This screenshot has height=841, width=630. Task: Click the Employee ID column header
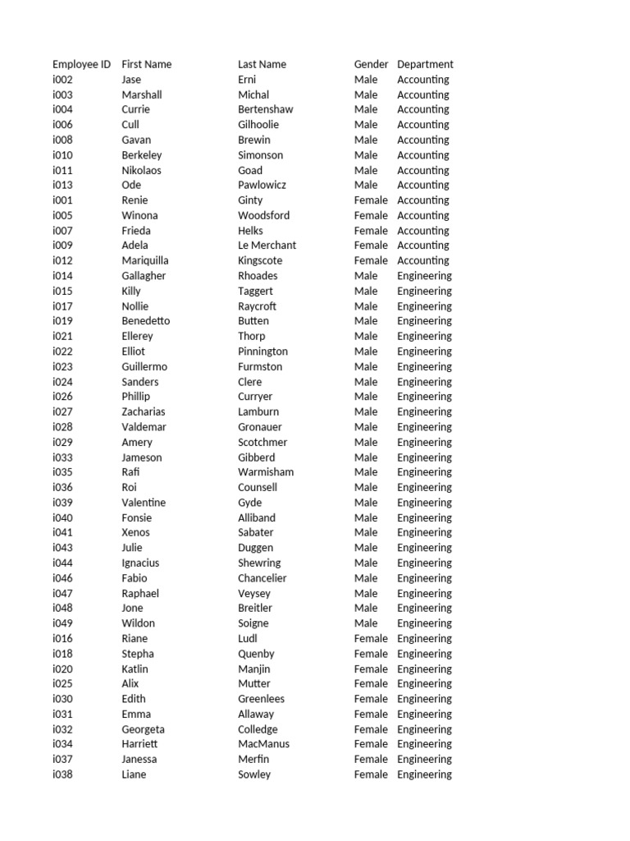tap(81, 64)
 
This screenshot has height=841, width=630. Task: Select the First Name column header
tap(146, 64)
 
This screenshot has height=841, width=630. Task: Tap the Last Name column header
tap(262, 64)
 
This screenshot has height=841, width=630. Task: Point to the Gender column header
tap(371, 64)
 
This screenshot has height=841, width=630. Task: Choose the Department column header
tap(425, 64)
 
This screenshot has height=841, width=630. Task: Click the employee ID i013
tap(62, 185)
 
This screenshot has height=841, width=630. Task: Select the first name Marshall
tap(141, 94)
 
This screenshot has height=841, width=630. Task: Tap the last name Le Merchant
tap(267, 246)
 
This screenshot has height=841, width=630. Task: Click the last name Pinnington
tap(262, 352)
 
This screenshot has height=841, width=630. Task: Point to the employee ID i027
tap(62, 411)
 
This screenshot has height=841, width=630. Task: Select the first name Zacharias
tap(143, 411)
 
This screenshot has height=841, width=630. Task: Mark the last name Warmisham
tap(266, 472)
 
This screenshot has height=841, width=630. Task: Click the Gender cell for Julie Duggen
tap(366, 548)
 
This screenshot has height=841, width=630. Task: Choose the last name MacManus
tap(263, 744)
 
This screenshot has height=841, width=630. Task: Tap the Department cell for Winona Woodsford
tap(422, 215)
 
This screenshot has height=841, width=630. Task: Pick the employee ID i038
tap(62, 774)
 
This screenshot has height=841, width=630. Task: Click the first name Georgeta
tap(143, 729)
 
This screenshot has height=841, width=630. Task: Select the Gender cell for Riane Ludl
tap(371, 638)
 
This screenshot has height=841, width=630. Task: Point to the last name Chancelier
tap(262, 578)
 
